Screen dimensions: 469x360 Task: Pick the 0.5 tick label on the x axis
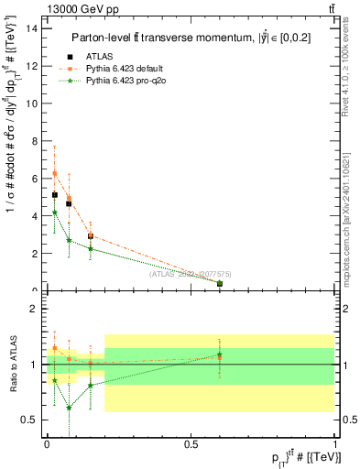click(191, 446)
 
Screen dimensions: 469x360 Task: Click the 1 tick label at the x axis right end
click(334, 446)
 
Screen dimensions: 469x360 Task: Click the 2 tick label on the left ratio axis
click(33, 309)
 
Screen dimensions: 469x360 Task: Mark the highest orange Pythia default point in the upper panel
click(55, 173)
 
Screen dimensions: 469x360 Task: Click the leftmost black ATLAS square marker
click(55, 195)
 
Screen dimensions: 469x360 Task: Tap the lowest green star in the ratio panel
click(69, 408)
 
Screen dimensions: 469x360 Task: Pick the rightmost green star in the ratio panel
click(220, 354)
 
